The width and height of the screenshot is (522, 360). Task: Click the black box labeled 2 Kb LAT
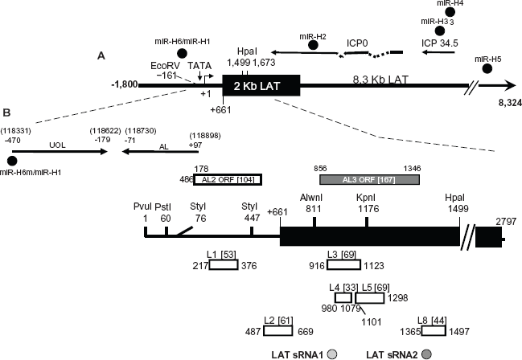261,86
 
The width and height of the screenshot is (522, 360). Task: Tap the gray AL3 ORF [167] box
369,180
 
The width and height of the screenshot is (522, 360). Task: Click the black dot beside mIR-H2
313,45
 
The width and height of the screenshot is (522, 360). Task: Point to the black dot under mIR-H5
487,68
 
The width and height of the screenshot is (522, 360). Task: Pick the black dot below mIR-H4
450,12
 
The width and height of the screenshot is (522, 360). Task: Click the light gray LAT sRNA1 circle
332,354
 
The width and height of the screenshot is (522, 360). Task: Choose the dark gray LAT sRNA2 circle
427,354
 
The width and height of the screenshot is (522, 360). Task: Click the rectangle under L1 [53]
224,265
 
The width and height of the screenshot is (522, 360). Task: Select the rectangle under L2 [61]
278,331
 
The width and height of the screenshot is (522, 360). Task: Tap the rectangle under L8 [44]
434,331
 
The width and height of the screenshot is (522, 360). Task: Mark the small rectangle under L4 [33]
343,298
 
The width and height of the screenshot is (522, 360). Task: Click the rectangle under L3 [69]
344,265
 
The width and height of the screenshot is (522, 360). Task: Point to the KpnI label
366,198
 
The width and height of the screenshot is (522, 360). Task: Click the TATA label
199,66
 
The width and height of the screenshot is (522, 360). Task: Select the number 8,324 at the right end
510,103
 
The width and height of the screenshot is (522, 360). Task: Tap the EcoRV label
165,66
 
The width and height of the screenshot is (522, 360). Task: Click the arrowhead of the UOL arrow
105,152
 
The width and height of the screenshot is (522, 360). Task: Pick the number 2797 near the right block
506,221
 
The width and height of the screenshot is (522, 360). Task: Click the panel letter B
6,112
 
